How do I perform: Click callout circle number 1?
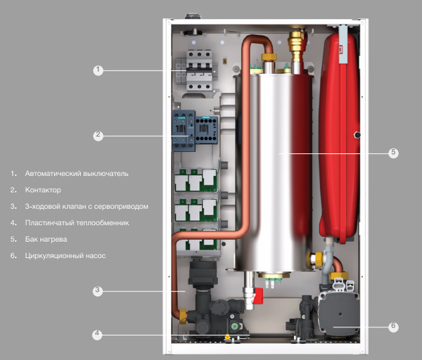point(98,70)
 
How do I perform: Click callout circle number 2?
point(98,134)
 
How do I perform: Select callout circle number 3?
point(98,290)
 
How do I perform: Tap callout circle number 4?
point(98,335)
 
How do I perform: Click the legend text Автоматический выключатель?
point(76,173)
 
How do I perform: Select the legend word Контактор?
point(42,190)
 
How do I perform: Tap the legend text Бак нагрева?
point(46,239)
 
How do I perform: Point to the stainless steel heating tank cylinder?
point(279,169)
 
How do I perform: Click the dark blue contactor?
point(184,131)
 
